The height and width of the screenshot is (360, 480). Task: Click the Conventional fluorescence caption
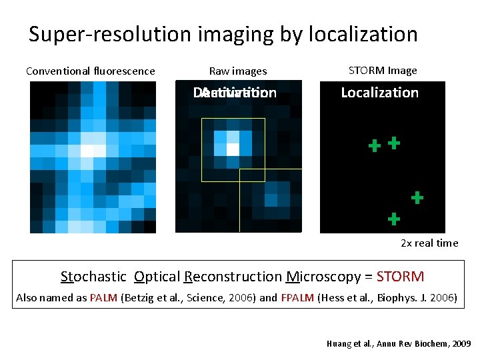pyautogui.click(x=90, y=71)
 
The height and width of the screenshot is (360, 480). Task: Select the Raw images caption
pyautogui.click(x=238, y=71)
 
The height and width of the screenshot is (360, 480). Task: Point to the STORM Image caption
pyautogui.click(x=383, y=71)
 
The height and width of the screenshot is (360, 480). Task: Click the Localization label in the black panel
pyautogui.click(x=379, y=93)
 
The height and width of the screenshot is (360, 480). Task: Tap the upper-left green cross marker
pyautogui.click(x=375, y=145)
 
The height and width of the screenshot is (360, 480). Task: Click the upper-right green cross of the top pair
pyautogui.click(x=394, y=142)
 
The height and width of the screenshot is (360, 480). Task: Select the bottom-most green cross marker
pyautogui.click(x=394, y=218)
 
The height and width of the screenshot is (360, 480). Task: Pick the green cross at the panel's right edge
pyautogui.click(x=417, y=197)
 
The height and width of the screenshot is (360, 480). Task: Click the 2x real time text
pyautogui.click(x=429, y=243)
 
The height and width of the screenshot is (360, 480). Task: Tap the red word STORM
pyautogui.click(x=400, y=277)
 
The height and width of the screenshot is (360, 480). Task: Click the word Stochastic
pyautogui.click(x=93, y=277)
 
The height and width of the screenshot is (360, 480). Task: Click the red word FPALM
pyautogui.click(x=295, y=298)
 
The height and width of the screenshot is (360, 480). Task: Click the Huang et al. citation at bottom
pyautogui.click(x=399, y=344)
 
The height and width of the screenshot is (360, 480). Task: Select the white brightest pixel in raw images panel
pyautogui.click(x=233, y=149)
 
